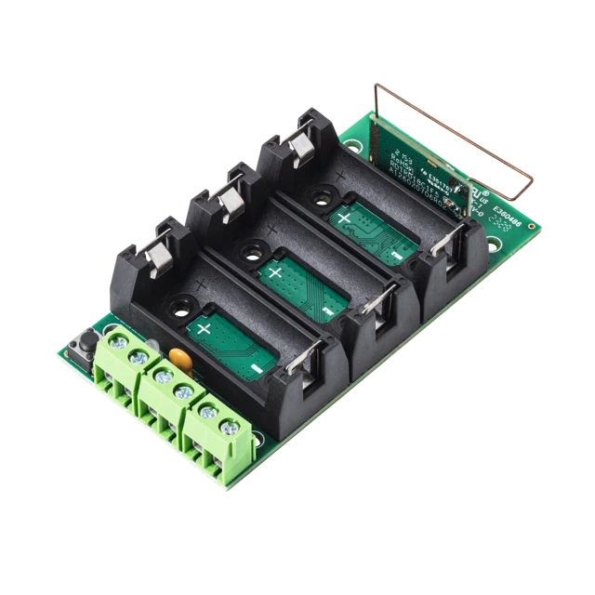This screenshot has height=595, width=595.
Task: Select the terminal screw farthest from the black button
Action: (x=228, y=427)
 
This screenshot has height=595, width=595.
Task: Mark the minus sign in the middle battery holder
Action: (x=325, y=311)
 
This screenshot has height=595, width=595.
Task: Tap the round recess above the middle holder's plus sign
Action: (x=250, y=248)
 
